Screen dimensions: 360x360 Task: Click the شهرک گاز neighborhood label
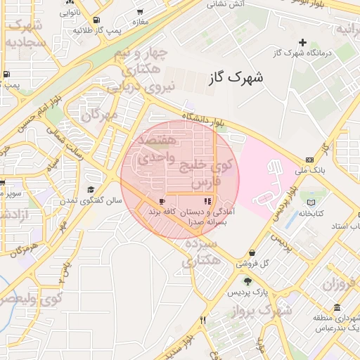pos(236,77)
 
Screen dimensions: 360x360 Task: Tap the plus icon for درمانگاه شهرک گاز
pos(303,43)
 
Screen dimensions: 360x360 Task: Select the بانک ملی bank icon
pos(310,160)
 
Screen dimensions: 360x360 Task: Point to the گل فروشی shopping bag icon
pos(252,253)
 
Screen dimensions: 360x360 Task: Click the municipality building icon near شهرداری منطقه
pos(337,308)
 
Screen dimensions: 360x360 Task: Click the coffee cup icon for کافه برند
pos(162,201)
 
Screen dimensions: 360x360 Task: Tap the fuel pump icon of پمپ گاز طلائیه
pos(96,20)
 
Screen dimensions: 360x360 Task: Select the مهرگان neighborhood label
pos(98,114)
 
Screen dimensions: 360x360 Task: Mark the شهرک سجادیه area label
pos(26,34)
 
